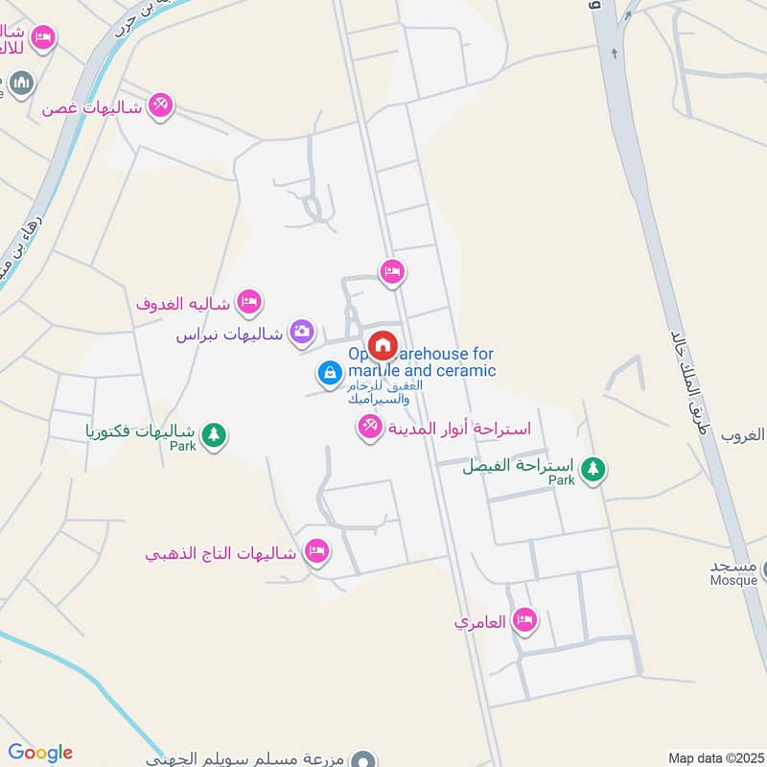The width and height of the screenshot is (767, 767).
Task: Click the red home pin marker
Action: point(383,345)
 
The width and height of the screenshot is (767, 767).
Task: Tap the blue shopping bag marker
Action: point(329,372)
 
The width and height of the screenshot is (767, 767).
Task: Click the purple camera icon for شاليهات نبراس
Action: point(302,332)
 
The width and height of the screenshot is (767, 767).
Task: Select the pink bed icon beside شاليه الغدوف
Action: point(249,303)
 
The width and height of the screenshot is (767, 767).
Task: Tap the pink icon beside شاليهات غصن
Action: point(161,105)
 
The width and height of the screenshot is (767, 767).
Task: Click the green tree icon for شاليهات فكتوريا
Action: point(214,434)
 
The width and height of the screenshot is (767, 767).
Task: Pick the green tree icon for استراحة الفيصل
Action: point(594,469)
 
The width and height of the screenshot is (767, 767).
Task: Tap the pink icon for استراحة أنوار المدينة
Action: point(369,427)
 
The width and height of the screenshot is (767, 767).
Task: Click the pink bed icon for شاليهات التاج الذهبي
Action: point(316,551)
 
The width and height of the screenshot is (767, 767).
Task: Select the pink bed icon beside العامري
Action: point(523,621)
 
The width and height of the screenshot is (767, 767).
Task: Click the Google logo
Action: point(40,753)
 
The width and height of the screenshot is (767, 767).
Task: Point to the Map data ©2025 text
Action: point(715,758)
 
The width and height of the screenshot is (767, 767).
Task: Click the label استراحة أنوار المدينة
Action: point(458,429)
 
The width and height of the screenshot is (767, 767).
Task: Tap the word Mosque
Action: point(733,581)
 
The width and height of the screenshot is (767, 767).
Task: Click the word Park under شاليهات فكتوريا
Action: point(182,447)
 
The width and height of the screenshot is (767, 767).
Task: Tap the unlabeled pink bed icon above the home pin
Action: point(391,273)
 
